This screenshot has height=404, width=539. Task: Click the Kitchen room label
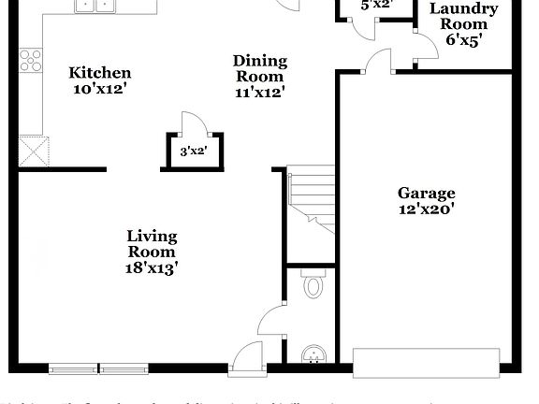pos(100,73)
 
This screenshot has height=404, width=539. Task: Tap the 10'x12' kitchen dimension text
pos(100,90)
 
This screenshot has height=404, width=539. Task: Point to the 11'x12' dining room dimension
pos(259,92)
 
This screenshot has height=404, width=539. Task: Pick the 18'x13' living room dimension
pos(152,267)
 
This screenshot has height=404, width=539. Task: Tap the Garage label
pos(426,193)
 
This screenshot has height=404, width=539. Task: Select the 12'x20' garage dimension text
pos(426,209)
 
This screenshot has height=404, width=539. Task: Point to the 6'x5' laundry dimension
pos(464,41)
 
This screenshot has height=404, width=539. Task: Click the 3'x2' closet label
pos(193,150)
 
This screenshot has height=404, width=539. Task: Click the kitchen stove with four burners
pos(31,60)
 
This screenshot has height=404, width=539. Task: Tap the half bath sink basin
pos(313,354)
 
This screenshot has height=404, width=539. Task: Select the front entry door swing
pos(248,355)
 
